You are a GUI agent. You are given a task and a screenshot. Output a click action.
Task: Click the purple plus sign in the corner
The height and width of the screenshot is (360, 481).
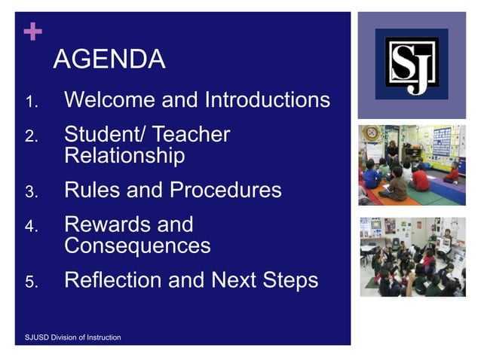(32, 32)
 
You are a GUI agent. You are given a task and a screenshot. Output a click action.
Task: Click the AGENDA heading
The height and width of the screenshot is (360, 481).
(109, 59)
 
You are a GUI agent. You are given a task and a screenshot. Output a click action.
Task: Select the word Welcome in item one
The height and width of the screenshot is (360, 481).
(110, 99)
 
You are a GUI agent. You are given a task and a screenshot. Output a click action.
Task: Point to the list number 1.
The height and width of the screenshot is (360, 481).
(31, 102)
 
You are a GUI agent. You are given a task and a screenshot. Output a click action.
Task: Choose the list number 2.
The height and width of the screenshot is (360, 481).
(31, 137)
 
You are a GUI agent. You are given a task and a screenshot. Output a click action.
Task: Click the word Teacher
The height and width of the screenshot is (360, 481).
(191, 135)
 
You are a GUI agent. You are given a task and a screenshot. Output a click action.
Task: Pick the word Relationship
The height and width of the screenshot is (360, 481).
(124, 156)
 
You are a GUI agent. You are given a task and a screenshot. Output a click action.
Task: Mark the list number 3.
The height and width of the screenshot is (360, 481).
(31, 192)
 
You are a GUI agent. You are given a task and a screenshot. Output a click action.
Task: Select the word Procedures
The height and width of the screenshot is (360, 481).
(225, 190)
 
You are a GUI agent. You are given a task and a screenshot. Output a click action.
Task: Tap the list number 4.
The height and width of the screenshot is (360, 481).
(31, 227)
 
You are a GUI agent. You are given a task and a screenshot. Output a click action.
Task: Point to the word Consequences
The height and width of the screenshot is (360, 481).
(137, 246)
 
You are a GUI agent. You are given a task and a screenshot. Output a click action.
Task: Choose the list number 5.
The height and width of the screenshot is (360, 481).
(31, 282)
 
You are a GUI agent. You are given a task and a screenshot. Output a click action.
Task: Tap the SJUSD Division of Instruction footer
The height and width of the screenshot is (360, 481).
(69, 337)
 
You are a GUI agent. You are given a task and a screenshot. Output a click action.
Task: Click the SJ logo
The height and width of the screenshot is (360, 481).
(412, 65)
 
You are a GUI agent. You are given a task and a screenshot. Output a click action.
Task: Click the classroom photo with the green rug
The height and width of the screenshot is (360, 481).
(412, 165)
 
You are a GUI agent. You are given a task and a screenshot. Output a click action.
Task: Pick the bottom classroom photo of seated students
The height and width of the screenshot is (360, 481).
(412, 257)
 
